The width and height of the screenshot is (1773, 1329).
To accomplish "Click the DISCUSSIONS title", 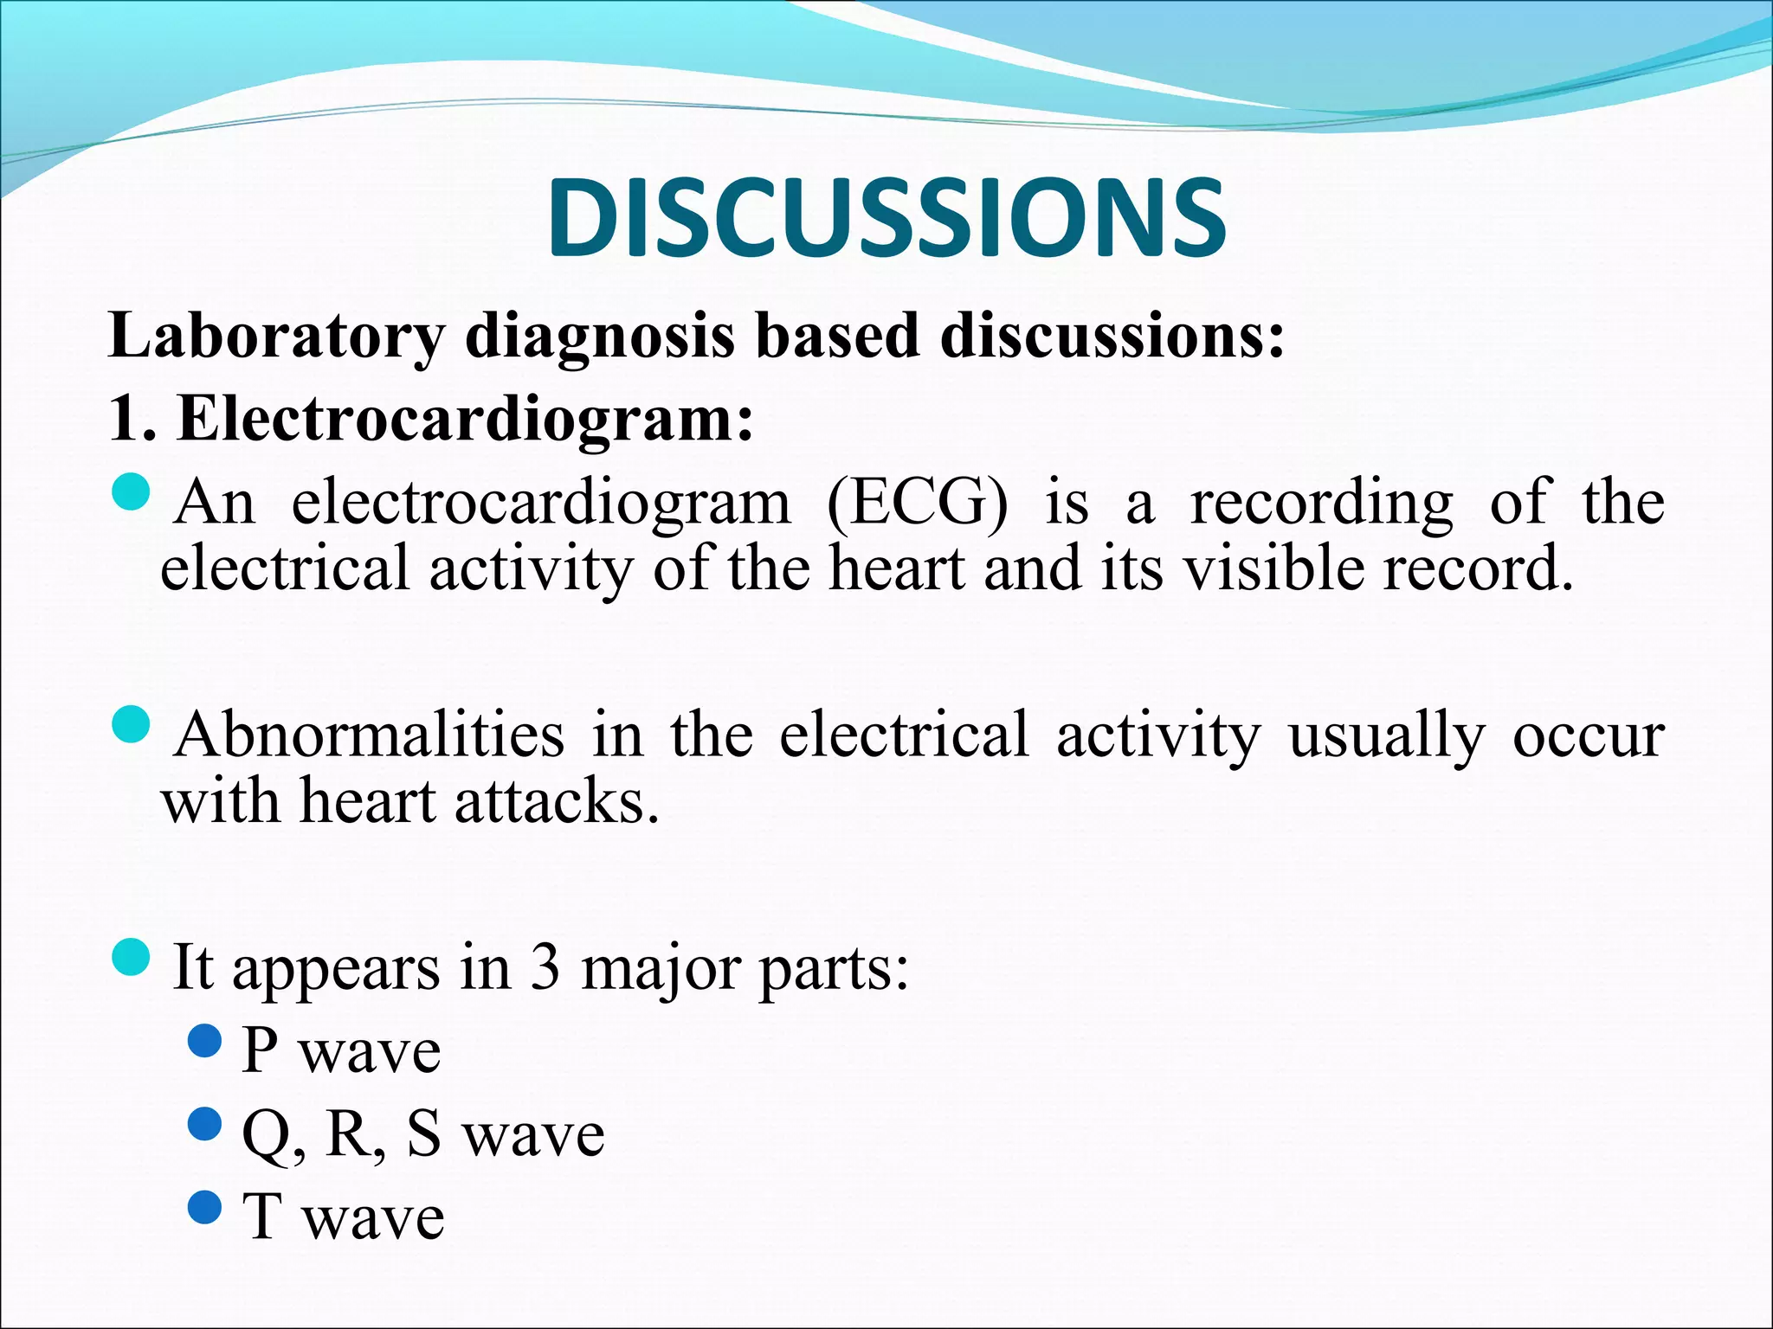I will coord(886,217).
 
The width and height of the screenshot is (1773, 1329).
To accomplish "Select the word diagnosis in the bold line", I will coord(599,336).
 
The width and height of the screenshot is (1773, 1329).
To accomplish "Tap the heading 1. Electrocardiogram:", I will coord(431,419).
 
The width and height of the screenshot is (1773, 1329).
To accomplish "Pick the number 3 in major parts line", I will coord(545,966).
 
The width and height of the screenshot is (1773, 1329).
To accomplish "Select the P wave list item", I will coord(341,1051).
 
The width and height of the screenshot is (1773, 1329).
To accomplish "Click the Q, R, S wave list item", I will coord(422,1133).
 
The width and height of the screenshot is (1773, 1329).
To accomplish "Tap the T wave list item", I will coord(343,1217).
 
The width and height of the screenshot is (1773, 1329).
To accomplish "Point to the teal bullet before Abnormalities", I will coord(132,725).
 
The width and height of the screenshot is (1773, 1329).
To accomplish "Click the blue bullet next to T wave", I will coord(205,1207).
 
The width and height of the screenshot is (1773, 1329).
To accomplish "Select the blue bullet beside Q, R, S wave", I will coord(205,1124).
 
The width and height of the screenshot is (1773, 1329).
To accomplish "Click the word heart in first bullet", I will coord(897,569).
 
